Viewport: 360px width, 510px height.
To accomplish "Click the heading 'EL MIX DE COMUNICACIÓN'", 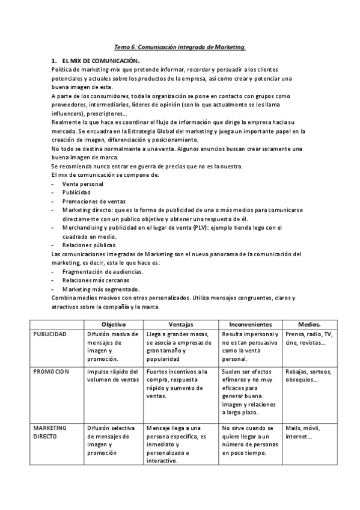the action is point(100,61).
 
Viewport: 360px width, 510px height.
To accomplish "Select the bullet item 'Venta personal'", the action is point(82,183).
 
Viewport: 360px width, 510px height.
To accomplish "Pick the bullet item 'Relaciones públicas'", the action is point(90,245).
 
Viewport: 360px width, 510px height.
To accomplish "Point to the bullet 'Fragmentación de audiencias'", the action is point(103,271).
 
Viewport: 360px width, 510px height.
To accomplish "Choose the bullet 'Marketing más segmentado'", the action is point(101,289).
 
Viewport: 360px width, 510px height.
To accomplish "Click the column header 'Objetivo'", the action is point(113,324).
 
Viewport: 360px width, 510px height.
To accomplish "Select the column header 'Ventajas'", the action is point(181,324).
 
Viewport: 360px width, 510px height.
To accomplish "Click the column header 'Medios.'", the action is point(310,324).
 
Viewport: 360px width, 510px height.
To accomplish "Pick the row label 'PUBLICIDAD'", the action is point(50,334).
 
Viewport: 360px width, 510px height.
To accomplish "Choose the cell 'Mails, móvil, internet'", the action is point(304,432).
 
